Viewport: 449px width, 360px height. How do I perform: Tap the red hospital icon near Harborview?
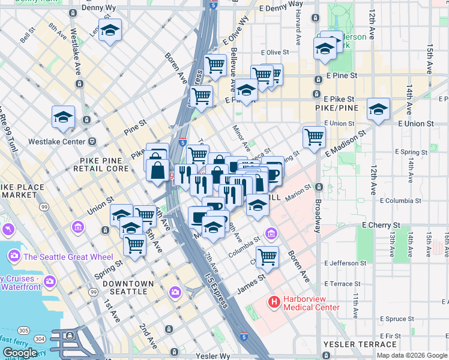(x=274, y=302)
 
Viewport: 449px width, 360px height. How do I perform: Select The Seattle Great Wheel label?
(x=67, y=257)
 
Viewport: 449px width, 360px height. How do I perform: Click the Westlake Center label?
(x=61, y=142)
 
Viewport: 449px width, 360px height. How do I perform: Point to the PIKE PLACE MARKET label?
(x=22, y=191)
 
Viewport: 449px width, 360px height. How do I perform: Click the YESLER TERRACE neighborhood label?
(x=360, y=344)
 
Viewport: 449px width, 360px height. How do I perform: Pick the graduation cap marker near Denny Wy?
(x=110, y=31)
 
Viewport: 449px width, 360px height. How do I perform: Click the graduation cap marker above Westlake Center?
(x=63, y=118)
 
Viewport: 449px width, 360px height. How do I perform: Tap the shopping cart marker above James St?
(x=267, y=257)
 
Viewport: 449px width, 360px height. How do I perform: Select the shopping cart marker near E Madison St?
(x=314, y=137)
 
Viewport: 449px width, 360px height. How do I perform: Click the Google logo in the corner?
(x=19, y=353)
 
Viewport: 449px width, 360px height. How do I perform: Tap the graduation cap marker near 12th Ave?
(x=378, y=109)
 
